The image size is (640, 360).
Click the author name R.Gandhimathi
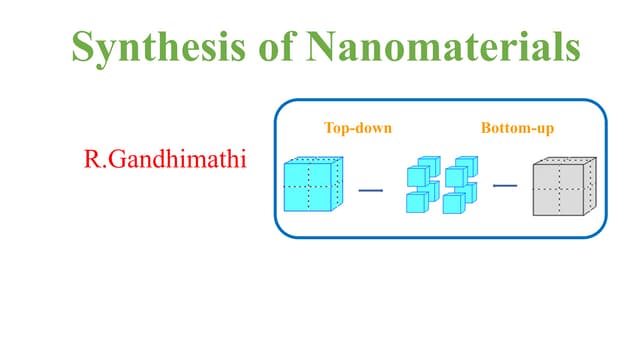(x=166, y=159)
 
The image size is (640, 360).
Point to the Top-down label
(x=357, y=128)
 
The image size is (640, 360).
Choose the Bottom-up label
(x=517, y=128)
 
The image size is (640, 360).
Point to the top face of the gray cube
(x=566, y=161)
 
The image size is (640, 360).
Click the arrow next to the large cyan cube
(x=371, y=188)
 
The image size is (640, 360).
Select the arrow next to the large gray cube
(x=505, y=184)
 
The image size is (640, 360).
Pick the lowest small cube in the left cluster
(x=416, y=202)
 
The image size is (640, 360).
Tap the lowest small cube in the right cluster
(x=453, y=203)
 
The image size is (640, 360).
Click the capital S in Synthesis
(x=83, y=47)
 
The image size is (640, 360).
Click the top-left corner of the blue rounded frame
(x=281, y=106)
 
